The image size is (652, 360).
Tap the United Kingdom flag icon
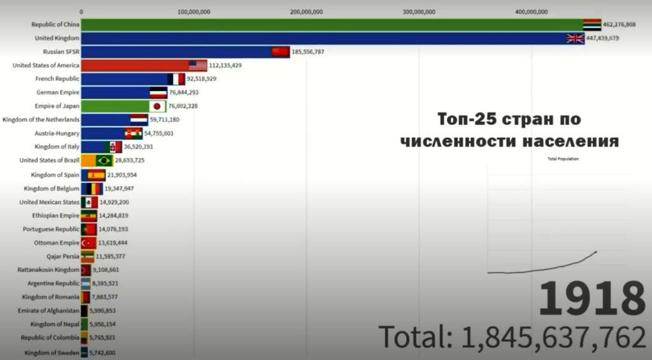(x=575, y=38)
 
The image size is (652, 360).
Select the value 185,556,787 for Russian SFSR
(x=308, y=52)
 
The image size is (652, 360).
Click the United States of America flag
(x=197, y=65)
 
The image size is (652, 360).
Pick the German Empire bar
(x=115, y=92)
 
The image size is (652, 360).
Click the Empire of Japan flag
(x=157, y=106)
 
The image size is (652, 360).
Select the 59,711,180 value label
(x=164, y=119)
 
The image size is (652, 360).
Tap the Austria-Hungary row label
(x=58, y=133)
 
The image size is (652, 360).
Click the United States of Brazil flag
(x=104, y=160)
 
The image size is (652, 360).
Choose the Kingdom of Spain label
(x=55, y=174)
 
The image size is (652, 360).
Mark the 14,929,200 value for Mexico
(x=114, y=202)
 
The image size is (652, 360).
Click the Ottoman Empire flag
(x=88, y=243)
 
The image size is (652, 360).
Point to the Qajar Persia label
(x=63, y=256)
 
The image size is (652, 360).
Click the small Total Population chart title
(x=563, y=159)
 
